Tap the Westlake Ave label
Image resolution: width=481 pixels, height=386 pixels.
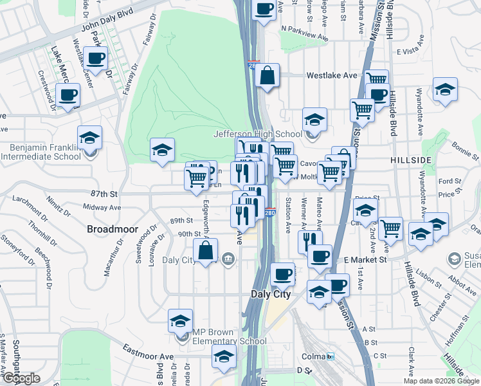[x=331, y=75]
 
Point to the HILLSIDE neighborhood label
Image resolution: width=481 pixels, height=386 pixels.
[x=410, y=159]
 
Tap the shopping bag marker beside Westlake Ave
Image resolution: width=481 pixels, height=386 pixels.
[x=267, y=76]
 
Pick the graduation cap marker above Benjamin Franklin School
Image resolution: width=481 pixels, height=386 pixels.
[x=90, y=138]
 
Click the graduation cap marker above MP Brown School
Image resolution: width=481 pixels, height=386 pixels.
[x=181, y=321]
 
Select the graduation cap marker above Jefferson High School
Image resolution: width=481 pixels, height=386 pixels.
[x=314, y=120]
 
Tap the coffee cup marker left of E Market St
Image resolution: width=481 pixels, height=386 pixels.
[x=319, y=257]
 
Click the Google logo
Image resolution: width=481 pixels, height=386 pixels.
[x=21, y=378]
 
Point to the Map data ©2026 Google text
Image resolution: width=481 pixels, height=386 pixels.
[x=441, y=381]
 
